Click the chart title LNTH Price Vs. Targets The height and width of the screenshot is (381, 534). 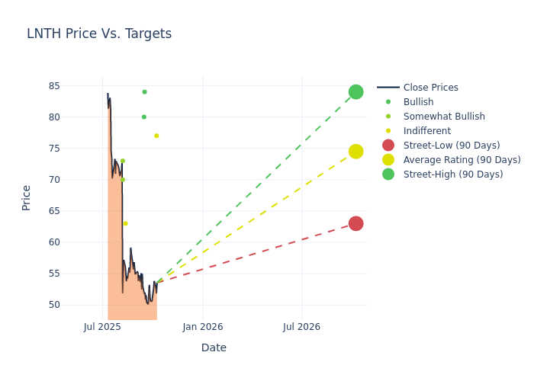click(99, 34)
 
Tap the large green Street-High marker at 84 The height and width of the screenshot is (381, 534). click(355, 92)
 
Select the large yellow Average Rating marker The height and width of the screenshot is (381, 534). click(355, 152)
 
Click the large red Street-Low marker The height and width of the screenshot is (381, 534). click(355, 223)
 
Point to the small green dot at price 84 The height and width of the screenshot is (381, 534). click(144, 92)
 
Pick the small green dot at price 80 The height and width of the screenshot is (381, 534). click(143, 117)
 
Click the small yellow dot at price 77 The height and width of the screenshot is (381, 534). click(156, 136)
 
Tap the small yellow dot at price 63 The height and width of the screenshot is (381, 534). click(125, 223)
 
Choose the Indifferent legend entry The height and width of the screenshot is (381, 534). click(426, 131)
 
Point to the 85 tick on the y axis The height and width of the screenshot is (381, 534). click(75, 86)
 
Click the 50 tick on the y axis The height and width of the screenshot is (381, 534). click(75, 305)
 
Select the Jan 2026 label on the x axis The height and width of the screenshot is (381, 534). click(203, 327)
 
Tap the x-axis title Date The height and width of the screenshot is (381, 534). click(214, 347)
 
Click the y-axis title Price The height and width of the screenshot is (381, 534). click(27, 197)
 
